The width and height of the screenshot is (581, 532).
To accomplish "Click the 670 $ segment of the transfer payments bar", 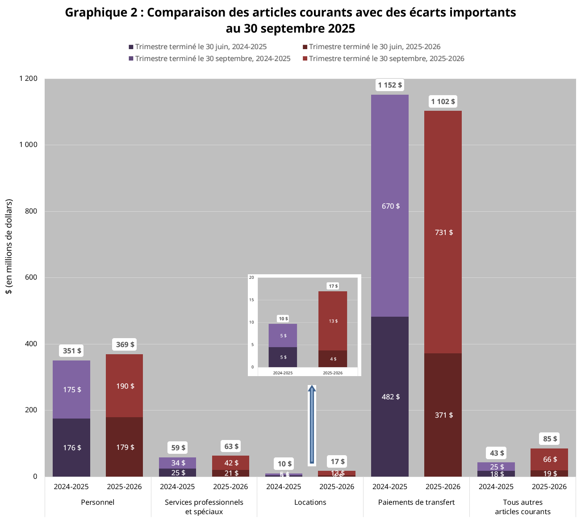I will tap(390, 206).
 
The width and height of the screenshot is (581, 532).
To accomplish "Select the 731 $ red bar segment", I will tap(443, 232).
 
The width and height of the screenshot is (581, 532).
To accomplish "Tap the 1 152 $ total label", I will tap(390, 85).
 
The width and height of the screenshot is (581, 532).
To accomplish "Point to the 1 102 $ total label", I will tap(443, 101).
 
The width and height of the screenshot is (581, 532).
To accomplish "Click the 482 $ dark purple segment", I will tap(390, 397).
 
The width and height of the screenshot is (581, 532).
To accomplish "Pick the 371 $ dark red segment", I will tap(443, 415).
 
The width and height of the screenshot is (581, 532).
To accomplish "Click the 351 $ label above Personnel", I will tap(72, 351).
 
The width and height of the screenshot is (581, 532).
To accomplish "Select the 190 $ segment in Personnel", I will tap(125, 386).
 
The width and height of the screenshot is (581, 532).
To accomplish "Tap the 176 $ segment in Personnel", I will tap(72, 447).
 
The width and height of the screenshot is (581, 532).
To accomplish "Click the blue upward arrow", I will tap(312, 424).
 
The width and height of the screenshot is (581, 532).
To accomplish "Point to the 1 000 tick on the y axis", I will tap(29, 145).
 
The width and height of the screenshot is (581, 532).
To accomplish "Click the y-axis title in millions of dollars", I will tap(8, 247).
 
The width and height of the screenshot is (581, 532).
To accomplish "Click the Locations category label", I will tap(310, 502).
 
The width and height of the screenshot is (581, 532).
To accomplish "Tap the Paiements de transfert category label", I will tap(416, 502).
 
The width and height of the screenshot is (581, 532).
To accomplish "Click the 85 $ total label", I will tap(550, 439).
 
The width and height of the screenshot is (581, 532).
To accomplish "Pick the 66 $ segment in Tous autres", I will tap(549, 459).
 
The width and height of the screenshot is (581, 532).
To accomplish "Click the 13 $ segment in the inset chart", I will tap(333, 321).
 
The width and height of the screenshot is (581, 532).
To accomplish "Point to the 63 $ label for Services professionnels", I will tap(231, 446).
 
